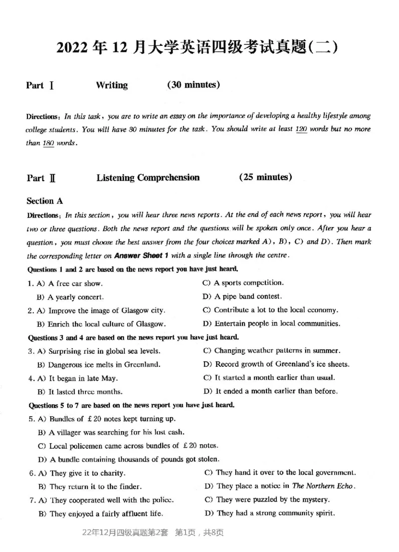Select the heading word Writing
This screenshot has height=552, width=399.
tap(112, 85)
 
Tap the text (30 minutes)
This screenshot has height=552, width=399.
tap(194, 85)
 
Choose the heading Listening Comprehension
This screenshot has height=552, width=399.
tap(148, 178)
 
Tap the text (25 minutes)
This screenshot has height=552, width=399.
tap(266, 177)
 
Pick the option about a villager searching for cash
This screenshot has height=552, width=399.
tap(111, 432)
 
